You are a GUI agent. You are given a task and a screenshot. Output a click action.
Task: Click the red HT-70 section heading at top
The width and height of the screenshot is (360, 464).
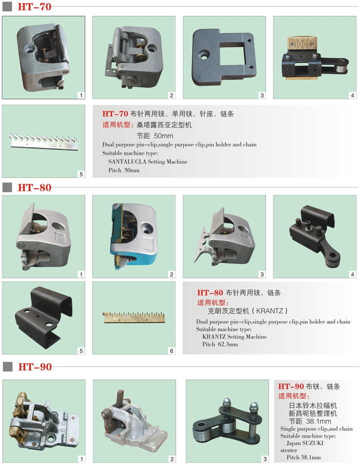(x=34, y=6)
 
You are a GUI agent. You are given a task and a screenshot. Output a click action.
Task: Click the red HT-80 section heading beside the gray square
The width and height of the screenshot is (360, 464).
(x=34, y=187)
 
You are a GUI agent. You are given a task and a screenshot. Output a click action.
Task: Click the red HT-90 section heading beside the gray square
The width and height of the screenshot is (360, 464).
(x=35, y=367)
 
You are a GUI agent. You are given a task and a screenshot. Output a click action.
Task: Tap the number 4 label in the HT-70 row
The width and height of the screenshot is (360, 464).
(x=352, y=95)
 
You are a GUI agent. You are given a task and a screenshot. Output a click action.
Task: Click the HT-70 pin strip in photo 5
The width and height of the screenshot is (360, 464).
(x=43, y=141)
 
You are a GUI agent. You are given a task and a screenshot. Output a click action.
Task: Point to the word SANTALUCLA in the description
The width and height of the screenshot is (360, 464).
(x=127, y=161)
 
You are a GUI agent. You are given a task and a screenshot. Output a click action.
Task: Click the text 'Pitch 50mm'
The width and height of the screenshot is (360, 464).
(x=123, y=170)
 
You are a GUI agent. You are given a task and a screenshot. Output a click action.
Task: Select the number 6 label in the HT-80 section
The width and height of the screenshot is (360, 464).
(x=171, y=351)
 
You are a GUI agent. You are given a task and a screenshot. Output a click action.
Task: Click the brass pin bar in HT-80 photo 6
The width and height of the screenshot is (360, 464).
(x=133, y=317)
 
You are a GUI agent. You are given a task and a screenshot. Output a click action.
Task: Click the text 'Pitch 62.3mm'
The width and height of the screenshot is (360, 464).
(x=220, y=344)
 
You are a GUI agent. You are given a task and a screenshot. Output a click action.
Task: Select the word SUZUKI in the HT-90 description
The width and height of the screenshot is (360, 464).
(x=313, y=443)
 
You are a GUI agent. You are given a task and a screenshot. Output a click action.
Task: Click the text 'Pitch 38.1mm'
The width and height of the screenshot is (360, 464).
(x=303, y=457)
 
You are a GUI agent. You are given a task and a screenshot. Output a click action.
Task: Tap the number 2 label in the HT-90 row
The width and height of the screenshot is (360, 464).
(x=172, y=459)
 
